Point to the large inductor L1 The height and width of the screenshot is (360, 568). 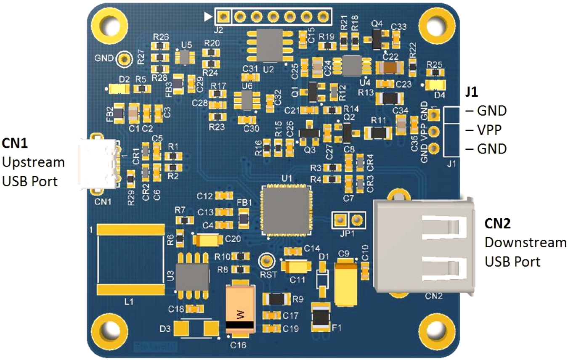(x=130, y=259)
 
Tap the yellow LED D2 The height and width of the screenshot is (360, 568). (x=119, y=89)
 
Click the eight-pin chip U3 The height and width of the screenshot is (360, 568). (x=192, y=276)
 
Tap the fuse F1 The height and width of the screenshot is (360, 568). (x=321, y=317)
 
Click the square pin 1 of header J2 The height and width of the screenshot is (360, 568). (x=223, y=17)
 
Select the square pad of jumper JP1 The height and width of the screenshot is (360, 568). (x=340, y=220)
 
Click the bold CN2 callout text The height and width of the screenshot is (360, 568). (x=497, y=223)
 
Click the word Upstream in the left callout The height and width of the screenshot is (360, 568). (x=34, y=162)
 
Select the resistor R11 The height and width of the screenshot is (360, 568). (x=379, y=133)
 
